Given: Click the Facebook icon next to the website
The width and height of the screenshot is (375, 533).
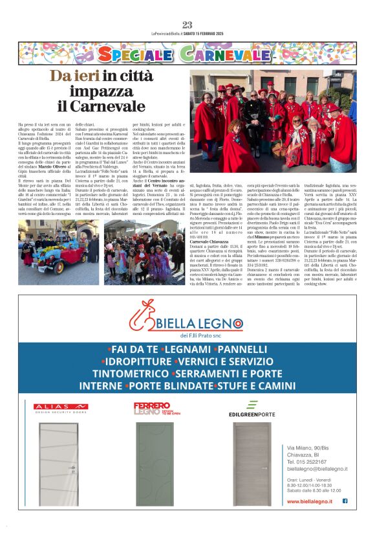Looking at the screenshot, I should (345, 501).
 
